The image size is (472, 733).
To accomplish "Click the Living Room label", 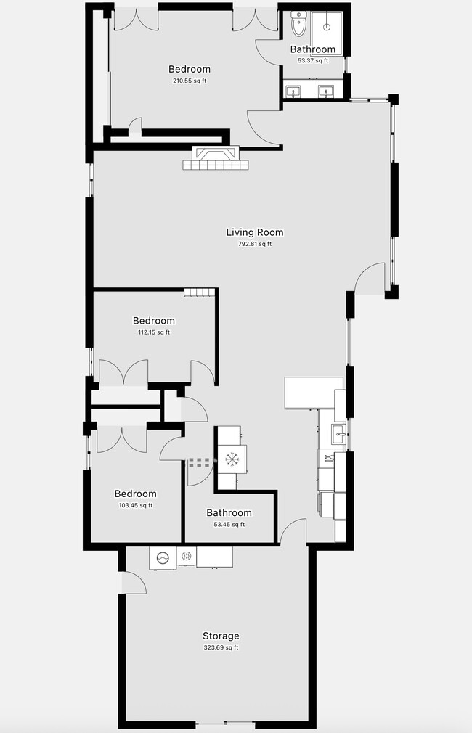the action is pyautogui.click(x=254, y=232).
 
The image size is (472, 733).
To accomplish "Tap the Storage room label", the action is pyautogui.click(x=221, y=636).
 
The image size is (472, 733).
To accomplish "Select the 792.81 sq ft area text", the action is pyautogui.click(x=254, y=244).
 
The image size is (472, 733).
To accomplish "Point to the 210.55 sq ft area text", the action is pyautogui.click(x=190, y=81).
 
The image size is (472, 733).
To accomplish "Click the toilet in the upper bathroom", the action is pyautogui.click(x=298, y=23).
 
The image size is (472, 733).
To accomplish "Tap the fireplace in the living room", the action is pyautogui.click(x=216, y=158).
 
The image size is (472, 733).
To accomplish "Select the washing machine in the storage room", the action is pyautogui.click(x=163, y=557).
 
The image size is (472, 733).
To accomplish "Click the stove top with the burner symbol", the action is pyautogui.click(x=231, y=459).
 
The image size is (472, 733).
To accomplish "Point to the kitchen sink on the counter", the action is pyautogui.click(x=338, y=435).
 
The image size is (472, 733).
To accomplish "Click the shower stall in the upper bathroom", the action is pyautogui.click(x=327, y=28).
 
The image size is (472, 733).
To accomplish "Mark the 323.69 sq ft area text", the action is pyautogui.click(x=221, y=647).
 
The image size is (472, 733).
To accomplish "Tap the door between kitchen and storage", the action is pyautogui.click(x=293, y=531).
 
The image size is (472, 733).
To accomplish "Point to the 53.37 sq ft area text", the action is pyautogui.click(x=312, y=61).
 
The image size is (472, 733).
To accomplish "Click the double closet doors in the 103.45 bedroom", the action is pyautogui.click(x=121, y=439).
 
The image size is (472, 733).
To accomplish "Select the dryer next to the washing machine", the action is pyautogui.click(x=186, y=557).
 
